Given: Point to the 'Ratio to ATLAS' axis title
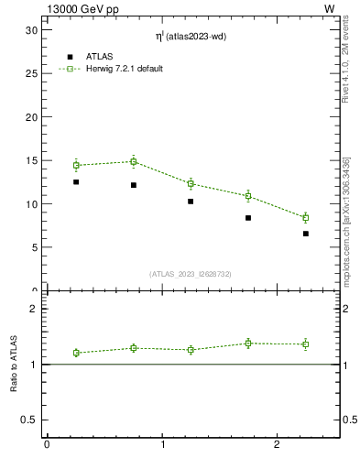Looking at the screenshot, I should point(14,364).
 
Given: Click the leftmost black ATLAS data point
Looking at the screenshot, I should point(76,182).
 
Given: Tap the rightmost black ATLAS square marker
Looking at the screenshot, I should point(306,234).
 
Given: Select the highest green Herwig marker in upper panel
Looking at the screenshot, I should point(134,161).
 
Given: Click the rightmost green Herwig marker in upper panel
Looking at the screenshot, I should point(306,217).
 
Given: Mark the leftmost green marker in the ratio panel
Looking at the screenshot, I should point(76,353).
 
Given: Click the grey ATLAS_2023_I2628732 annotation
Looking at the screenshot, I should point(191,274).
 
